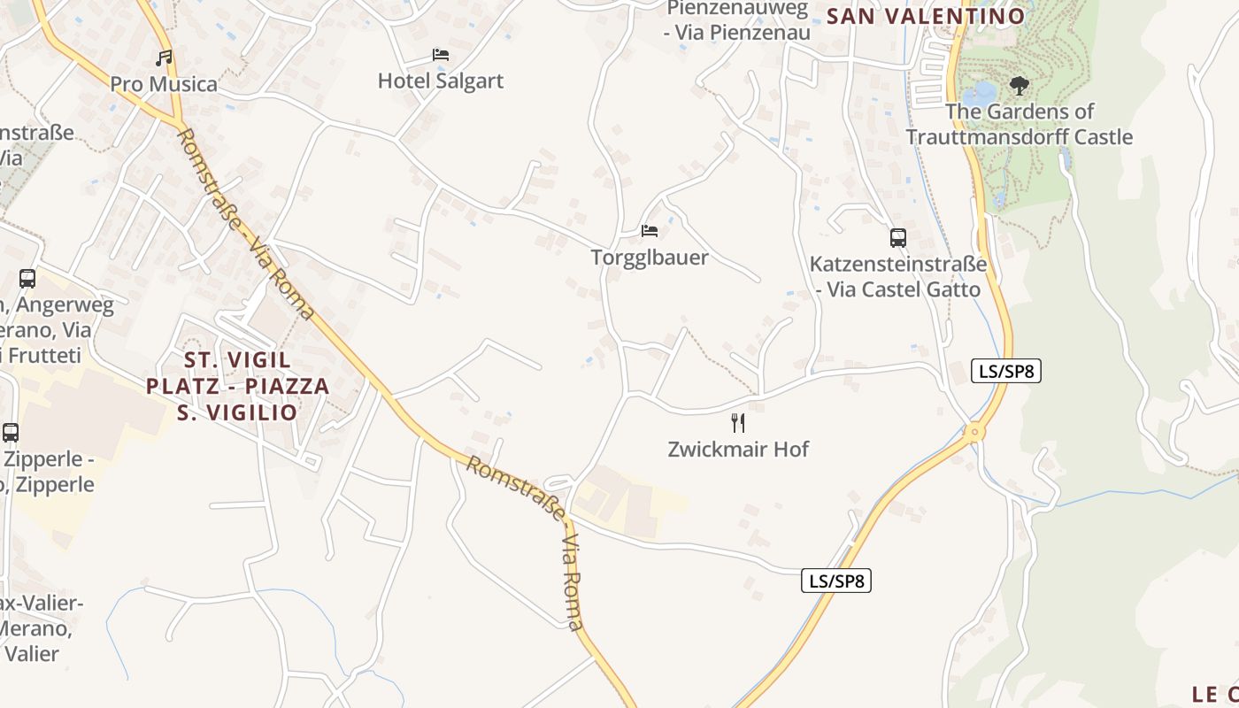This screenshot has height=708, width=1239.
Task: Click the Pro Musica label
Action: (x=164, y=84)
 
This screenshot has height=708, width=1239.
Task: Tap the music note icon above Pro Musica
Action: (x=164, y=58)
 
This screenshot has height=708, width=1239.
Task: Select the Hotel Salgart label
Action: (x=441, y=81)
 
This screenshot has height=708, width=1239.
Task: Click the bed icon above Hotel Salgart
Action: (x=441, y=55)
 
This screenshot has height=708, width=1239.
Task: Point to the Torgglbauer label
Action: (x=650, y=258)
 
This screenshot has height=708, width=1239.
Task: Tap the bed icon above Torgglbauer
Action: (x=650, y=231)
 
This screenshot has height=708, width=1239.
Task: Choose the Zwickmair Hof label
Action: (x=738, y=449)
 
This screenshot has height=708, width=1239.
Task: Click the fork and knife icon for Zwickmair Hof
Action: (x=738, y=423)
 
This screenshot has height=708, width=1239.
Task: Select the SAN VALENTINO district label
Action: (x=926, y=16)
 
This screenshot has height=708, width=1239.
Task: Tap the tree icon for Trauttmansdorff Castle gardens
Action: (x=1020, y=86)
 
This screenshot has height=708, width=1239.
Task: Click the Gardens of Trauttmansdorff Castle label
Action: (x=1020, y=124)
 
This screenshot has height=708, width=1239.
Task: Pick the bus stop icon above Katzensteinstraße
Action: (x=898, y=237)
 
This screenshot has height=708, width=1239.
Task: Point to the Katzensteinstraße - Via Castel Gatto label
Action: (x=898, y=276)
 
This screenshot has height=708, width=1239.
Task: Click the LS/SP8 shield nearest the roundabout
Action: (x=1005, y=371)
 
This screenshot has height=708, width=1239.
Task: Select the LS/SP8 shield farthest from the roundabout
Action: (x=836, y=581)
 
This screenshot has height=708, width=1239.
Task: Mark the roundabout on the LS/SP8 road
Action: (x=974, y=433)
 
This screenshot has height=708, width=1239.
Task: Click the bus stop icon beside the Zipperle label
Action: (x=11, y=433)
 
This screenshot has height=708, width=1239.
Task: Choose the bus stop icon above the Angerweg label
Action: (x=27, y=279)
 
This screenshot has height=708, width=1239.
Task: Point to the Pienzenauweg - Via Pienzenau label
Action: (x=737, y=20)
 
